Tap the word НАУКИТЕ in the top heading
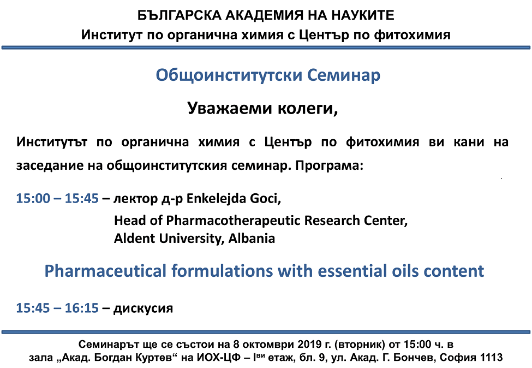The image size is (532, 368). pyautogui.click(x=363, y=15)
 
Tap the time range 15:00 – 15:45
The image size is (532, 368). pyautogui.click(x=57, y=198)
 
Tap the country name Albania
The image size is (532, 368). pyautogui.click(x=252, y=238)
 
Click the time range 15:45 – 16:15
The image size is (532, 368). pyautogui.click(x=57, y=308)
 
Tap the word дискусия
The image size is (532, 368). pyautogui.click(x=143, y=308)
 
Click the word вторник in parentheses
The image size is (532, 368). pyautogui.click(x=360, y=345)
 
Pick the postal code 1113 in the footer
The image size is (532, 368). pyautogui.click(x=491, y=358)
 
